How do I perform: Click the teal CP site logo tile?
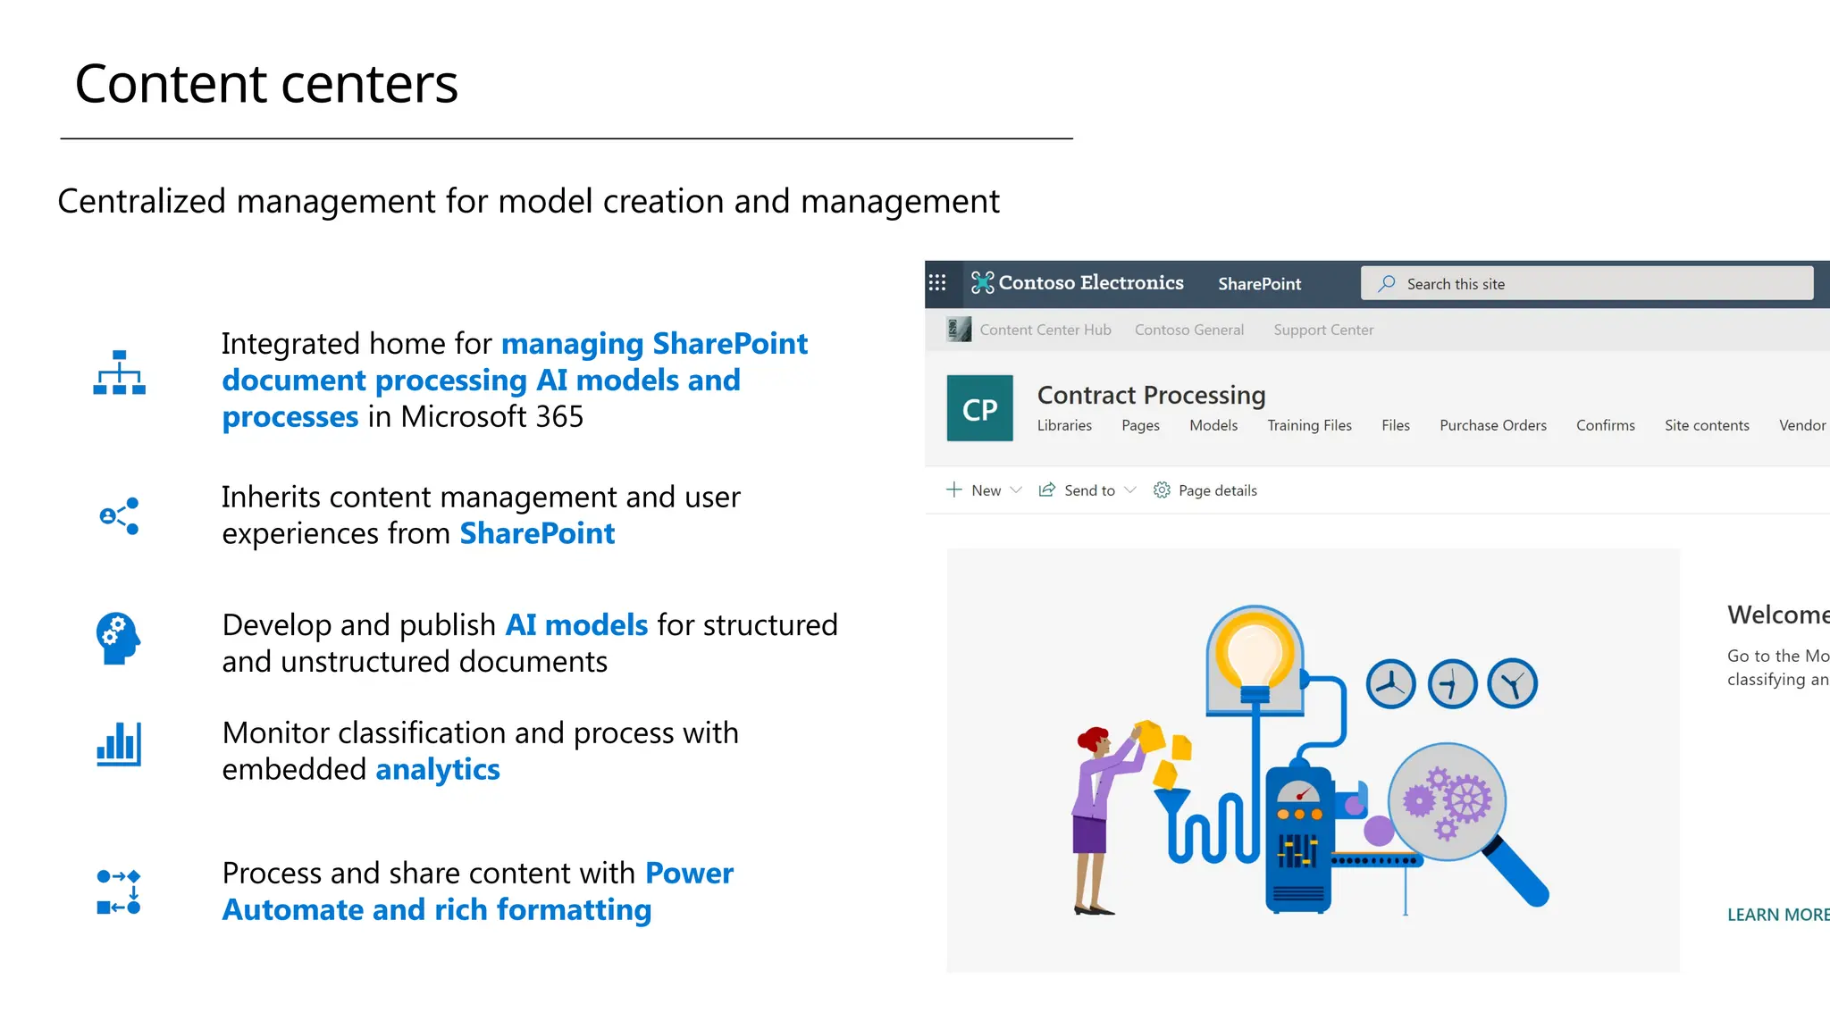tap(979, 408)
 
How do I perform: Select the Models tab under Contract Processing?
tap(1213, 425)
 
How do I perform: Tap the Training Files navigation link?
tap(1308, 425)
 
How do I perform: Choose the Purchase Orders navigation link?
tap(1492, 425)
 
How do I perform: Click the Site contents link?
tap(1706, 425)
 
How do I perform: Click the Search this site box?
tap(1586, 284)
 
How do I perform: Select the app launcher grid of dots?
tap(936, 283)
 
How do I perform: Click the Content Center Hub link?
tap(1045, 330)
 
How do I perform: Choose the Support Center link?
tap(1322, 330)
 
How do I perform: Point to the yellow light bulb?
tap(1255, 652)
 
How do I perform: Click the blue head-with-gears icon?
tap(118, 638)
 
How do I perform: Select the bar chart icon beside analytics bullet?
tap(119, 745)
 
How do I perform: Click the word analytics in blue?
tap(437, 769)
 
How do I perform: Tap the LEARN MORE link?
tap(1776, 915)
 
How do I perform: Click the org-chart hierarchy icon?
tap(119, 373)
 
